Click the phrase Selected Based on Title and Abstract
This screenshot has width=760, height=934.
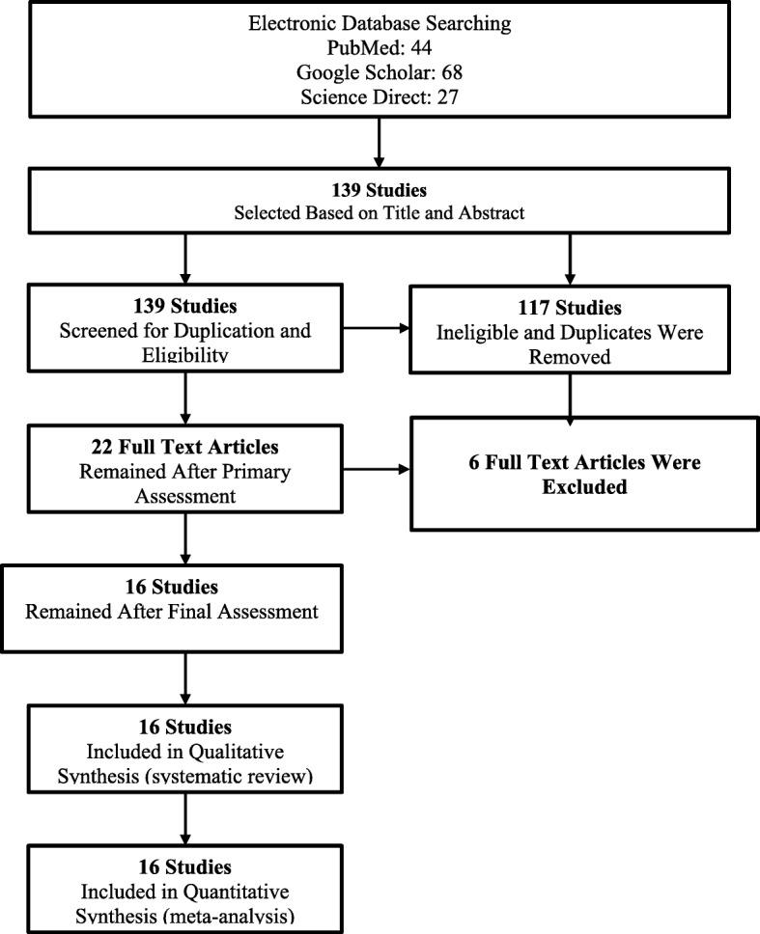[x=380, y=213]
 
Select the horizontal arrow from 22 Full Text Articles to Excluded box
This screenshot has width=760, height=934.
[x=376, y=470]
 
